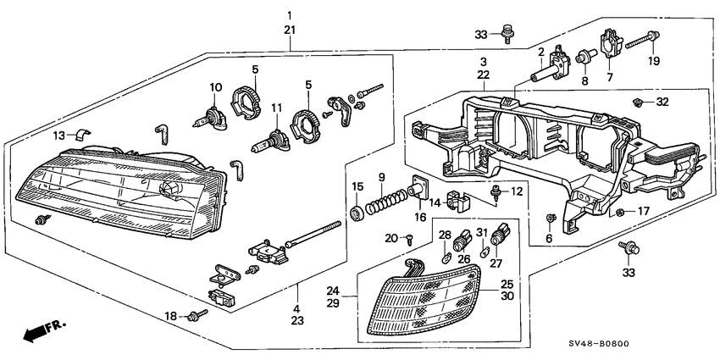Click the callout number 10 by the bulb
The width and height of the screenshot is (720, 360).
(215, 86)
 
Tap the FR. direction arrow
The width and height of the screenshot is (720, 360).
(42, 330)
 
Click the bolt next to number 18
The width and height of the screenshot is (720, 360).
(198, 316)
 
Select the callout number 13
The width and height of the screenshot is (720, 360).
(58, 136)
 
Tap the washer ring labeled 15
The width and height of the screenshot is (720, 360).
(357, 208)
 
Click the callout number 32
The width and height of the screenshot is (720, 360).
(662, 102)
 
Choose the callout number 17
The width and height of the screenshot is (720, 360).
(645, 211)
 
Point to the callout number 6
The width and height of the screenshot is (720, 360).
(549, 239)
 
